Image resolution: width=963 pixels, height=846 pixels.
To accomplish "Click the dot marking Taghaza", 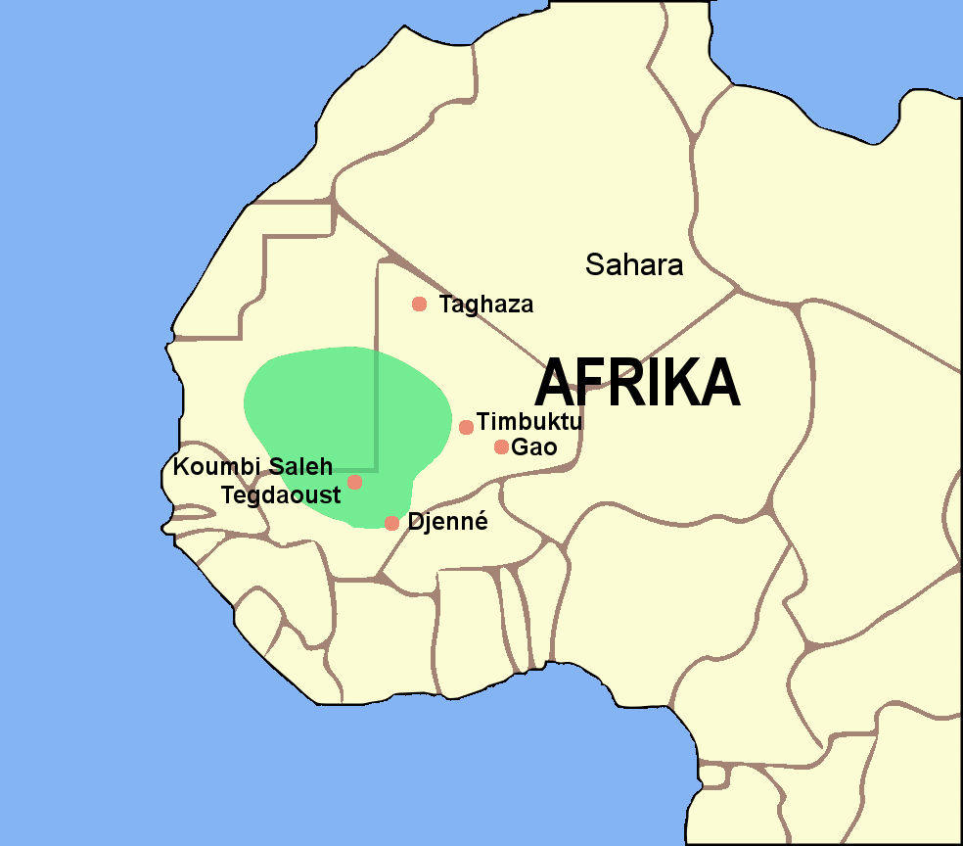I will (420, 304).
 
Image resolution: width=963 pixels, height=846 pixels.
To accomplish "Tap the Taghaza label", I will (486, 305).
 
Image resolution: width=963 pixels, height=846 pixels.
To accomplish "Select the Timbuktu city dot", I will (466, 427).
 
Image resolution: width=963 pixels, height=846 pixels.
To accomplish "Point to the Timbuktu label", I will (529, 423).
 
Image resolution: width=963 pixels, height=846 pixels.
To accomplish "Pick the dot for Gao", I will (501, 447).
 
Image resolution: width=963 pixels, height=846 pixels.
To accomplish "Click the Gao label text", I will (534, 448).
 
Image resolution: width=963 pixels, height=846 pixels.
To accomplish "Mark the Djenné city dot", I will (391, 523).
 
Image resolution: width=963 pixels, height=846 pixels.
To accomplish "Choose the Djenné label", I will (447, 522).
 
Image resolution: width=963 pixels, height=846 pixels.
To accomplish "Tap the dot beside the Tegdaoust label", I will (354, 482).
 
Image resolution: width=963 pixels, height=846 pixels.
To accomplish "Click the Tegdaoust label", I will (281, 494).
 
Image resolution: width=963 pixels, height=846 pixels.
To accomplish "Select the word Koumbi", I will (209, 467).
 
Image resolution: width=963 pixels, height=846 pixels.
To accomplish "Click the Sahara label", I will (633, 264).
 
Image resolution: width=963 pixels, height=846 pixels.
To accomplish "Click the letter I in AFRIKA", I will (654, 382).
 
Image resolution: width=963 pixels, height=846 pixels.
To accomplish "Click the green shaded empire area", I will (323, 411).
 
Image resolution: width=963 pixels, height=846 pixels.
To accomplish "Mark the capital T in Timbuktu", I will (483, 423).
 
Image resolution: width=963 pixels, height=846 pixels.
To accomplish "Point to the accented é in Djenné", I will (480, 522).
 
